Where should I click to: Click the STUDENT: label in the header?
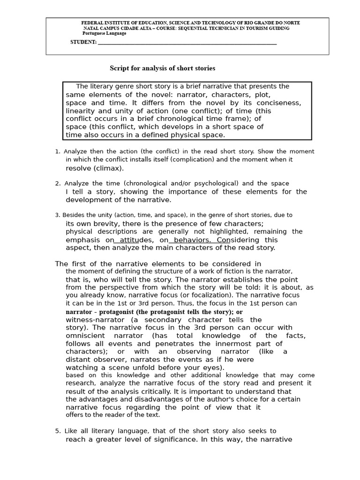[x=83, y=42]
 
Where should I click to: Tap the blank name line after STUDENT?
[x=187, y=43]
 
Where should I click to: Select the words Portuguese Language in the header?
[x=104, y=34]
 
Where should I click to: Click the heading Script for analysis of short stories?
[x=162, y=68]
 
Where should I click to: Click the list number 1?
[x=57, y=151]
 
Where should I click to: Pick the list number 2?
[x=57, y=183]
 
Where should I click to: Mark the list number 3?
[x=57, y=215]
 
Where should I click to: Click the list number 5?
[x=57, y=431]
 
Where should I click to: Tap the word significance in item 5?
[x=173, y=439]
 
